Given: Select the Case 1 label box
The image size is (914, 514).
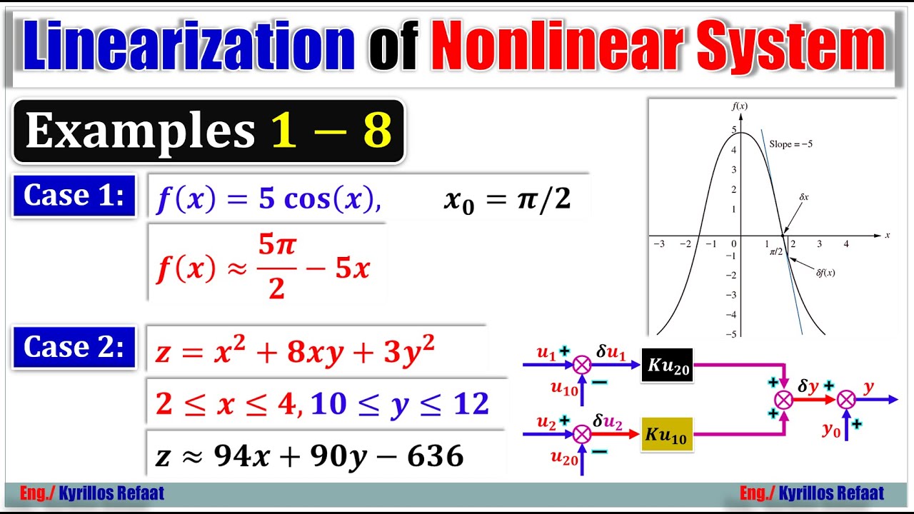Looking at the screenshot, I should (74, 196).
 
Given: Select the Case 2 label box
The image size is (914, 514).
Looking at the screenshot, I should (74, 347).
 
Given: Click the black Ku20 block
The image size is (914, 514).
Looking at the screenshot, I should (667, 365).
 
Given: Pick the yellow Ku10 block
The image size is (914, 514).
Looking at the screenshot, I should (667, 434).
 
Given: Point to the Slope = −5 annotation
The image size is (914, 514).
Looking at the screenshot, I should (790, 144).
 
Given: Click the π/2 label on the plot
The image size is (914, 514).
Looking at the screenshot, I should (776, 251).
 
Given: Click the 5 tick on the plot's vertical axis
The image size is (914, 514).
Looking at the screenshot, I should (733, 130).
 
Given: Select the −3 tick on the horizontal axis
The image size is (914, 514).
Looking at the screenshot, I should (659, 244).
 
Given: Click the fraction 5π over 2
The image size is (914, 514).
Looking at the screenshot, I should (277, 267).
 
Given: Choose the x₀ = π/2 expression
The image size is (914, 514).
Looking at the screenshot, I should (507, 200).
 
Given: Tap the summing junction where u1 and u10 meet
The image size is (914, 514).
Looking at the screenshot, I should (583, 365).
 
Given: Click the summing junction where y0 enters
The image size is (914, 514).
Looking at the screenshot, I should (846, 400).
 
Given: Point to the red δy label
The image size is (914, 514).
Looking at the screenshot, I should (808, 386).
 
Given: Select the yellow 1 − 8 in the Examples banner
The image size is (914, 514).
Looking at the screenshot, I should (331, 131).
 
